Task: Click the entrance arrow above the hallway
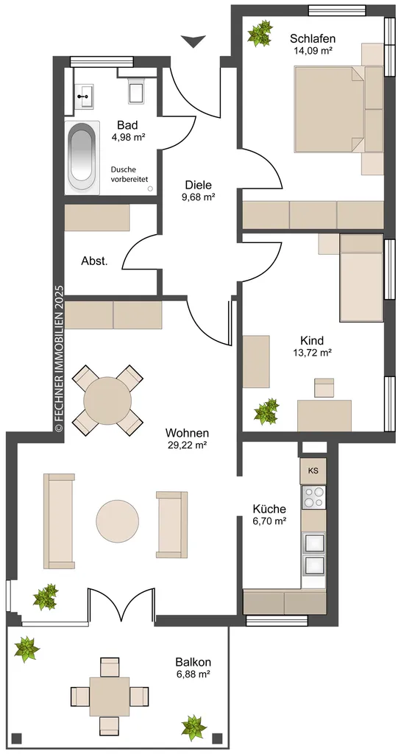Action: (194, 41)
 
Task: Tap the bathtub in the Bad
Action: (83, 158)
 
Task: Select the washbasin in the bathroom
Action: (85, 96)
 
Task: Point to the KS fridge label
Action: (313, 471)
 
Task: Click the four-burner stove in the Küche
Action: (313, 497)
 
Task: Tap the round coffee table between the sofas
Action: (118, 521)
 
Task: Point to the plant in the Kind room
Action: (266, 411)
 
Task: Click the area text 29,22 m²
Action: (186, 445)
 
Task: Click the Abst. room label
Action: (94, 261)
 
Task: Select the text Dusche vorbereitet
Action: (129, 174)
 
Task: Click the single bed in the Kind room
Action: (361, 278)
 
